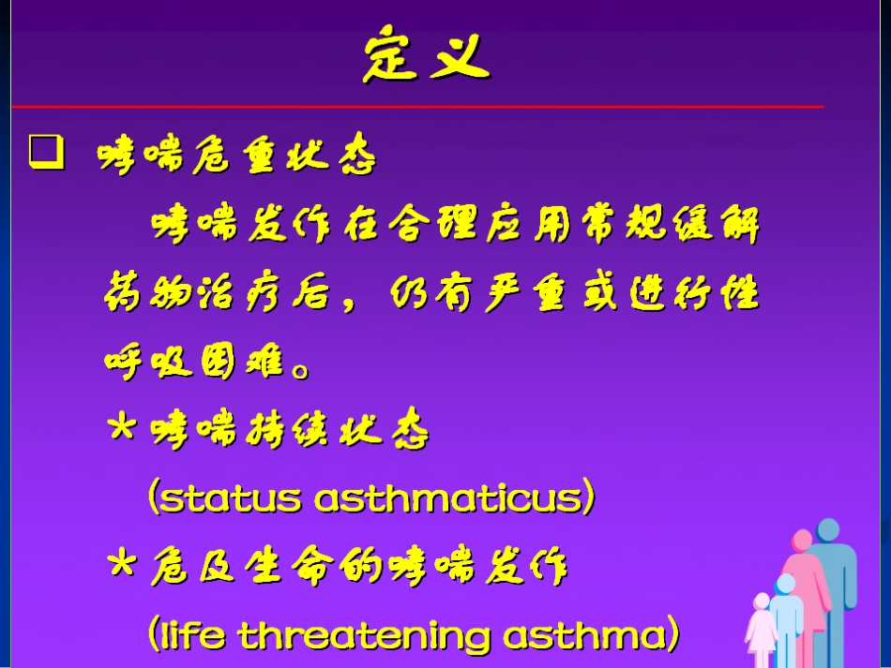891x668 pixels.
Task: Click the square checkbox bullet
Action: coord(46,152)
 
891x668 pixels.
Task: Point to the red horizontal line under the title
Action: coord(417,106)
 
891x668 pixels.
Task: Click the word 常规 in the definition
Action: coord(625,224)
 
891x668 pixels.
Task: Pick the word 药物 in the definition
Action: coord(148,293)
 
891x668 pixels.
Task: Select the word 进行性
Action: coord(695,293)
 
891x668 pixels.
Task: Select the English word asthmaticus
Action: coord(449,497)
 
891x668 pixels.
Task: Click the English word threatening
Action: coord(364,634)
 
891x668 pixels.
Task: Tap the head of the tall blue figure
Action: coord(828,530)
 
